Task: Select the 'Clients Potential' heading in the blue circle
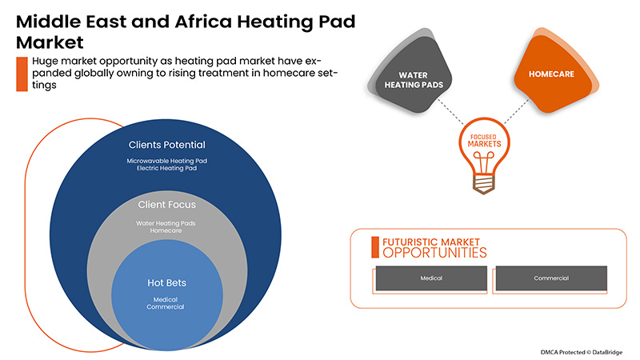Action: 167,145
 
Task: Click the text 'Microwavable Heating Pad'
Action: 167,161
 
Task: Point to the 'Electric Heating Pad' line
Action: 167,170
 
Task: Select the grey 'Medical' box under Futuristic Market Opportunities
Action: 431,278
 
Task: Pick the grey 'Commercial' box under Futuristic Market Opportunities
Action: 550,278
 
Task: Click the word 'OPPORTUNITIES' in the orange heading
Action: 434,253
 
